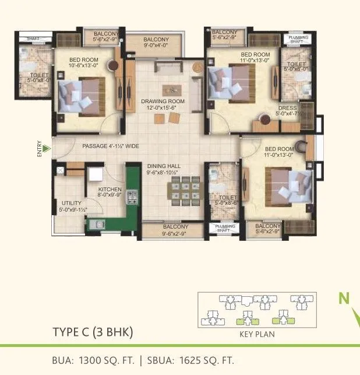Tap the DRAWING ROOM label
(x=163, y=104)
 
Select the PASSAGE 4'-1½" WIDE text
(x=110, y=146)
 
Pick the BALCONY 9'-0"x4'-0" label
(x=156, y=41)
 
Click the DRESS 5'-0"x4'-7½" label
(x=287, y=111)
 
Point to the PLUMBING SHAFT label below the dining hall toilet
(x=225, y=228)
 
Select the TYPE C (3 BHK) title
(x=93, y=332)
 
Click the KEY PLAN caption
(x=257, y=335)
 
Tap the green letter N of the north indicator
(x=345, y=299)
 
